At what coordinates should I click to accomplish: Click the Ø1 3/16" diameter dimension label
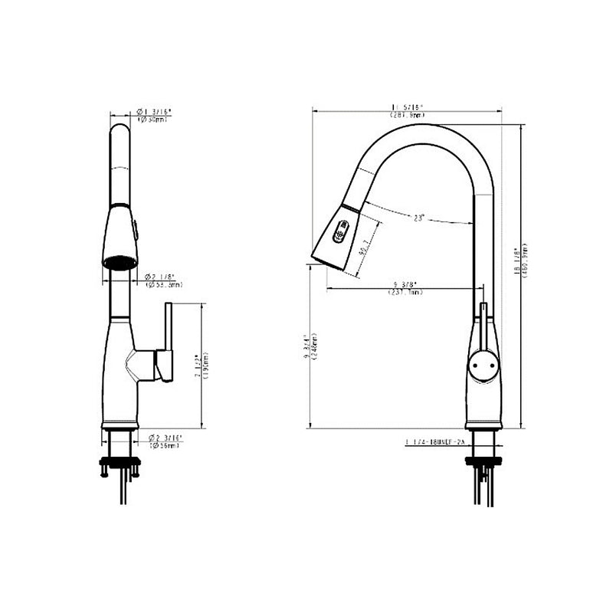coord(154,115)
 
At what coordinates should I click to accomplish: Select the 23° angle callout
coord(418,218)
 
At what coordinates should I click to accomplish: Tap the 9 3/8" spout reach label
coord(406,288)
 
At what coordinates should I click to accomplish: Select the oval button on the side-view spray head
coord(341,230)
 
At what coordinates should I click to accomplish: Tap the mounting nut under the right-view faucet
coord(484,461)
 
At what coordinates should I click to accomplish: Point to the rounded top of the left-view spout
coord(120,134)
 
